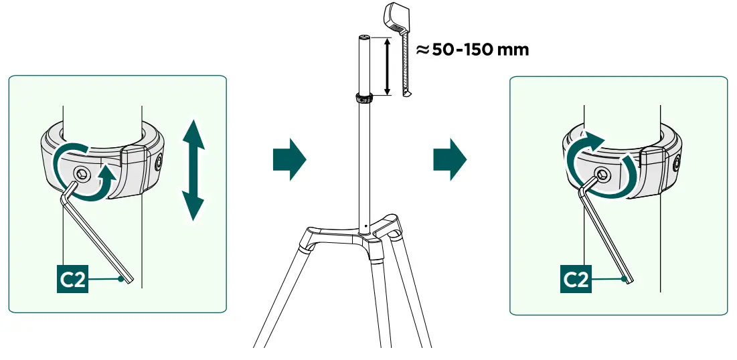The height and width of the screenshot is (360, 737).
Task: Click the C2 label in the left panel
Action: [x=72, y=279]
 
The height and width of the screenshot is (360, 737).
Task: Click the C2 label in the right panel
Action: [x=575, y=279]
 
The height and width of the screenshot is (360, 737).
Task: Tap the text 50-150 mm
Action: [x=481, y=50]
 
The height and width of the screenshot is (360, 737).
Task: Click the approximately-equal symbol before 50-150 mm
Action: [x=422, y=50]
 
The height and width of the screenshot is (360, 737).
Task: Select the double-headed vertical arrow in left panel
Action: [x=193, y=170]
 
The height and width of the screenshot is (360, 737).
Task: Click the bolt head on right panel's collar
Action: [x=602, y=176]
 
